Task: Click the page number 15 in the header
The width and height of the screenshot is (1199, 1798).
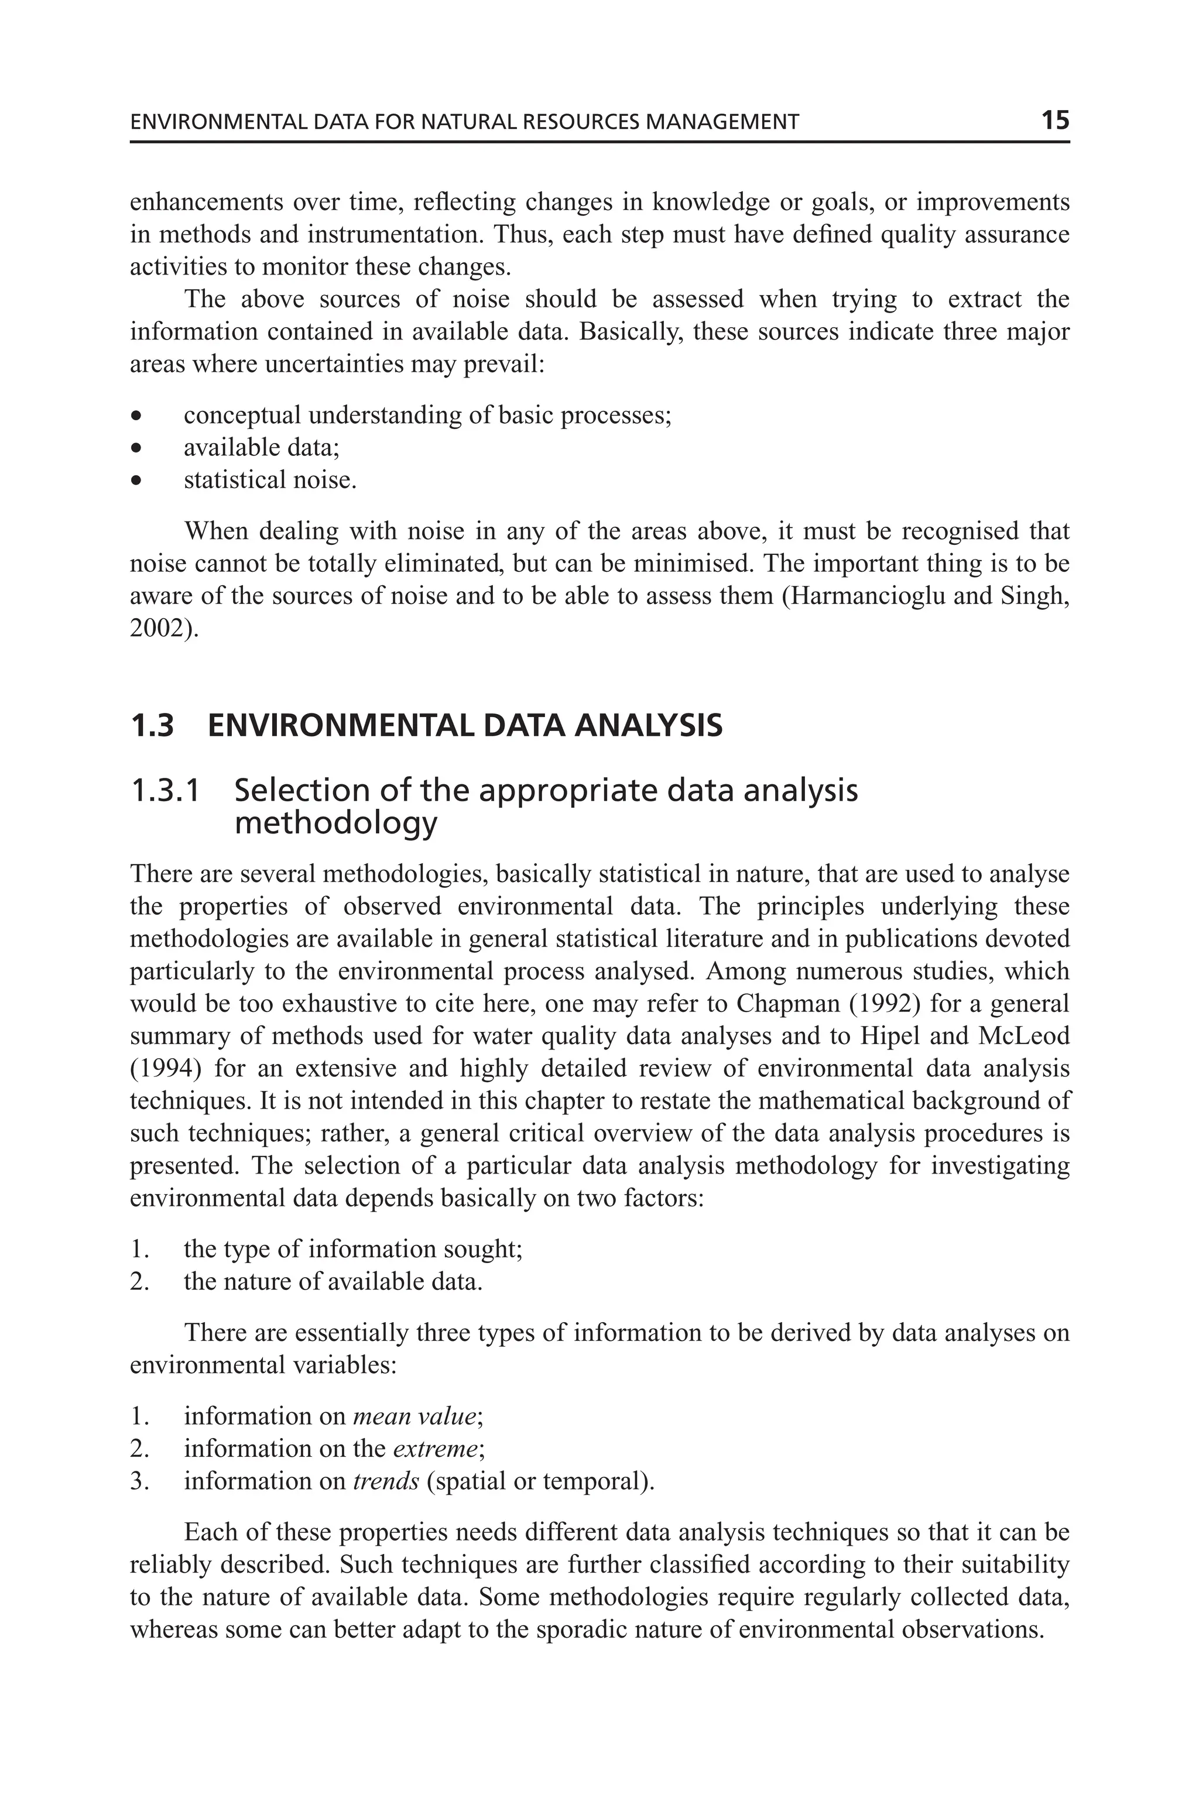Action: pyautogui.click(x=1054, y=120)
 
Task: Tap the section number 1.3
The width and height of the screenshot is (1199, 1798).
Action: pyautogui.click(x=152, y=726)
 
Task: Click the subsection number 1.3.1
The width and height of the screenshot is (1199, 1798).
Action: pyautogui.click(x=165, y=791)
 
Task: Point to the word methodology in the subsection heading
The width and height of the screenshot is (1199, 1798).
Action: pyautogui.click(x=335, y=823)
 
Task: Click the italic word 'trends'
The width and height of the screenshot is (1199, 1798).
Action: pyautogui.click(x=385, y=1481)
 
